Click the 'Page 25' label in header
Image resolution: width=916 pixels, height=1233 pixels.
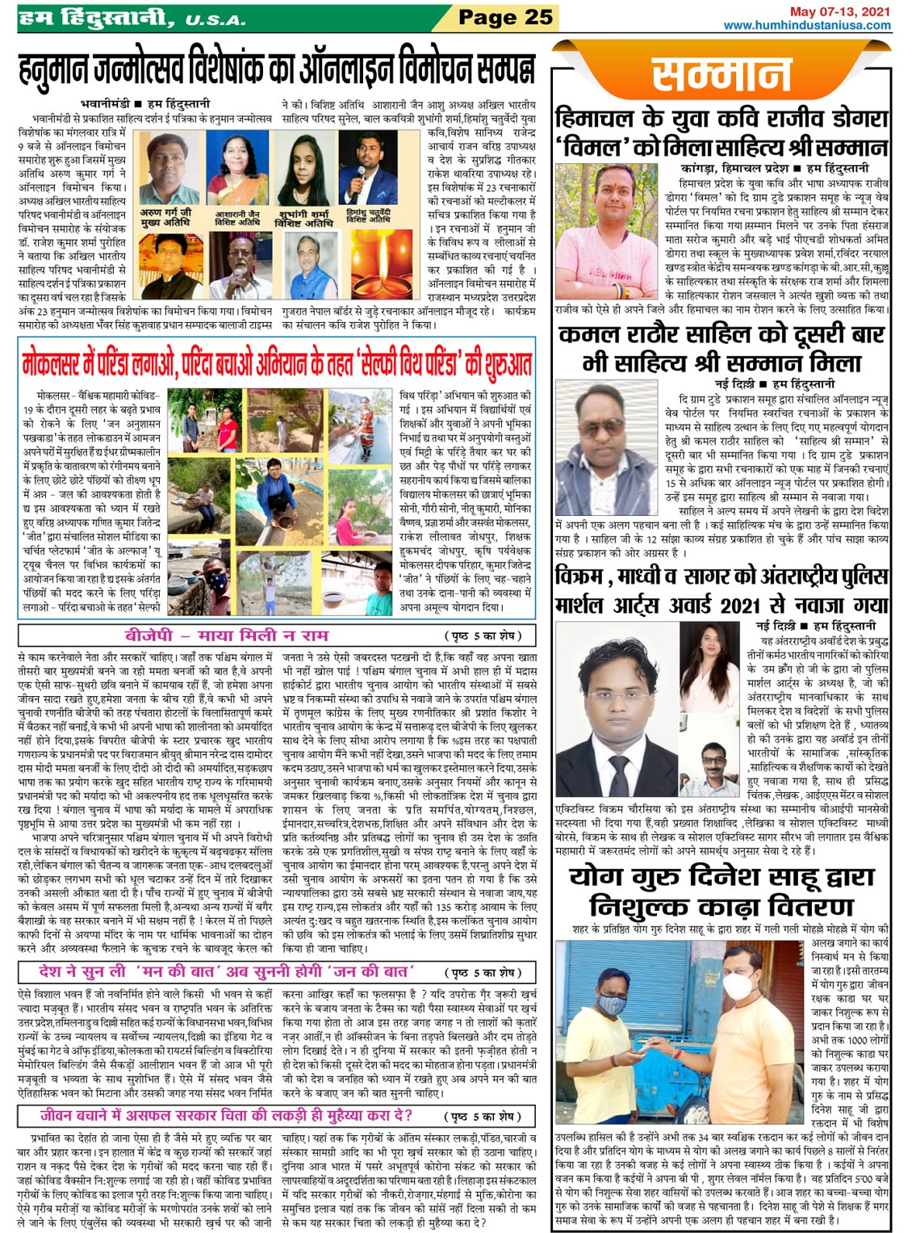click(505, 17)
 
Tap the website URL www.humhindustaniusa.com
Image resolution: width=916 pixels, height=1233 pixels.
click(807, 25)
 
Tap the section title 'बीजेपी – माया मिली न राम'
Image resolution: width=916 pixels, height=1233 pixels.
click(226, 635)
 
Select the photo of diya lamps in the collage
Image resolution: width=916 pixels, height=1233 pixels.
click(382, 263)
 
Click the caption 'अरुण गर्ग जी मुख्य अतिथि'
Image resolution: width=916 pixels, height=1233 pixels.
click(166, 216)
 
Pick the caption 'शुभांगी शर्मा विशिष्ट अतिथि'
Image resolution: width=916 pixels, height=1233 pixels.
click(303, 218)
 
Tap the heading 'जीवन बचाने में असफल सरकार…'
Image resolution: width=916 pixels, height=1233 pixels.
click(226, 1116)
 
